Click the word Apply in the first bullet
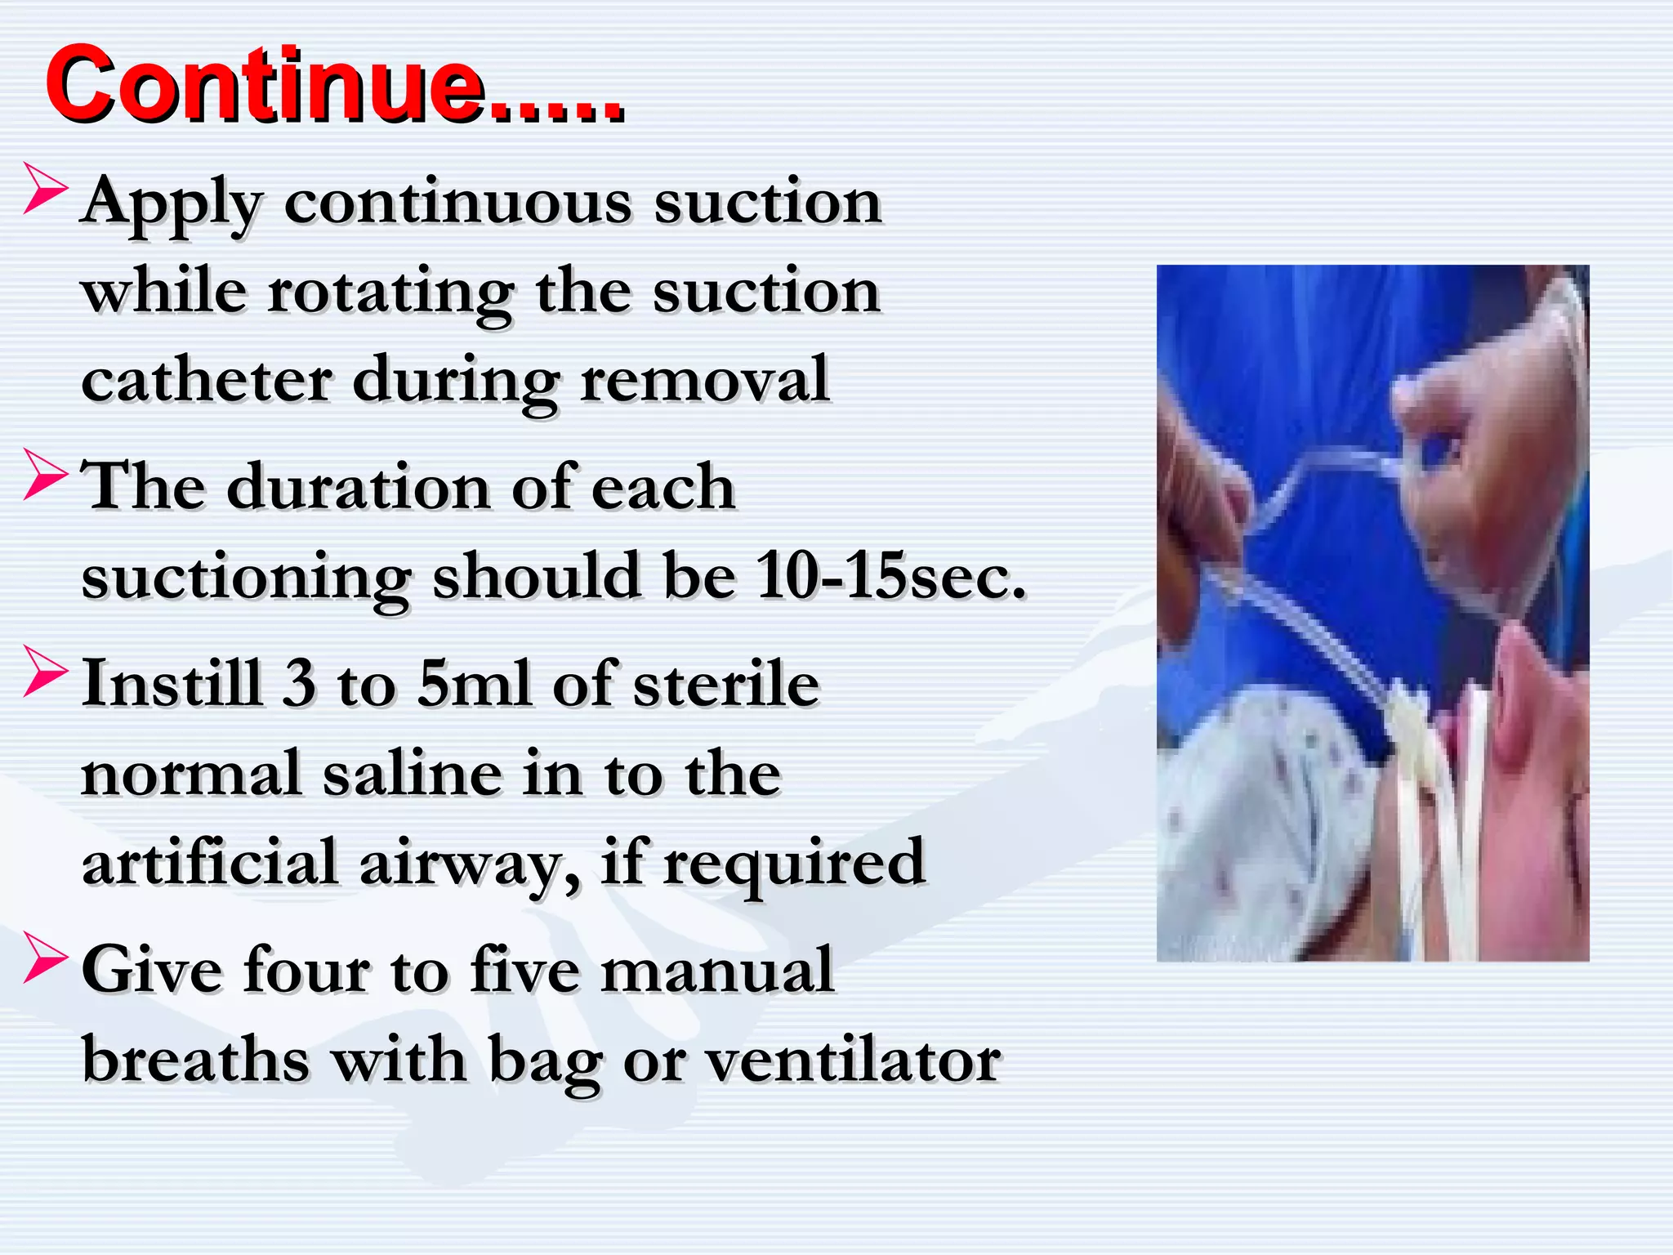172,203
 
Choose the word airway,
470,863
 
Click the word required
792,863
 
